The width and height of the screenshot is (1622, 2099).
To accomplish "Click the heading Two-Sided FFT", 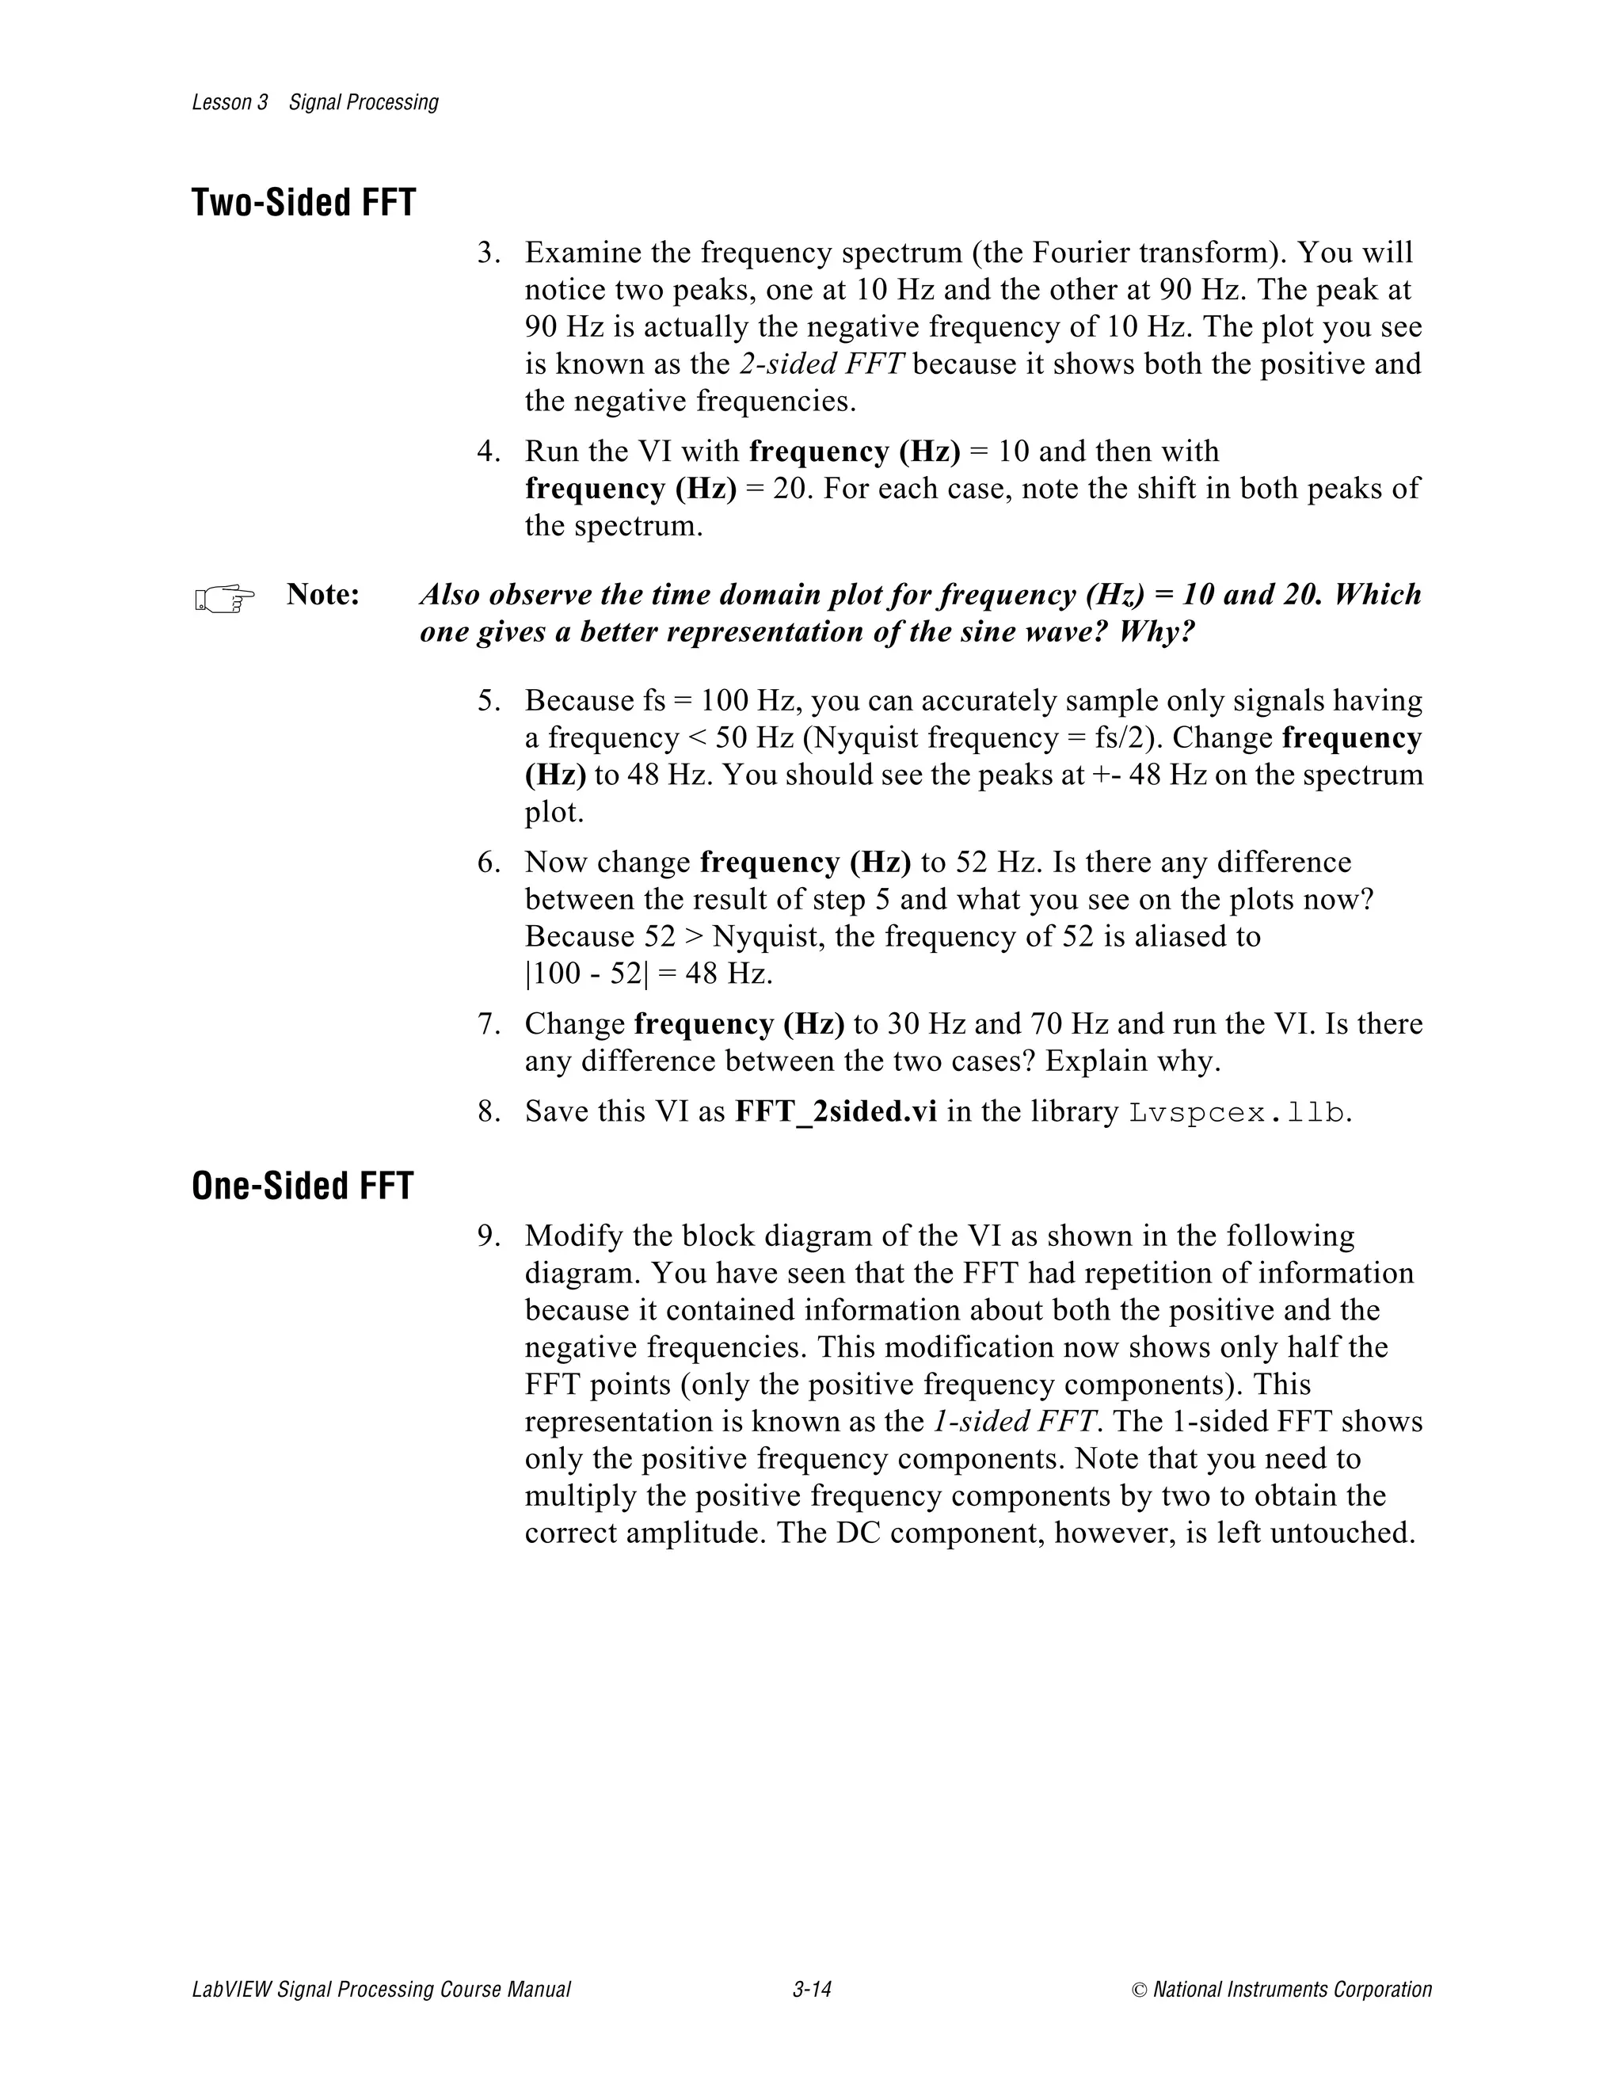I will (303, 203).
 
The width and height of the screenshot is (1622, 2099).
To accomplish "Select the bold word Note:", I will (323, 595).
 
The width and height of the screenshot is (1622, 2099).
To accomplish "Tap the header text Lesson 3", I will (230, 103).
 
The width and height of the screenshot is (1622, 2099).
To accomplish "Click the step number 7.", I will (487, 1024).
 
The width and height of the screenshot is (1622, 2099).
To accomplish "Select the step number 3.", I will (487, 253).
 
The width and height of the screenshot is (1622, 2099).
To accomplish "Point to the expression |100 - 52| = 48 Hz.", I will (649, 973).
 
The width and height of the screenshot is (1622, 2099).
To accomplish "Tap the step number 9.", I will (487, 1236).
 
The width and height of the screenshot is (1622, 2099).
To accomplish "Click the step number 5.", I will (487, 701).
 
